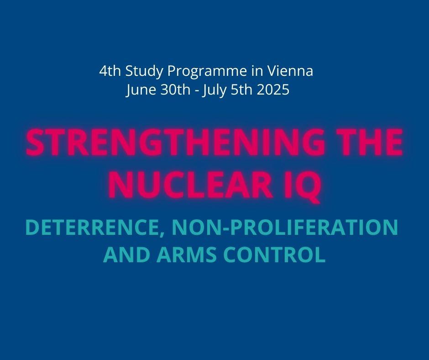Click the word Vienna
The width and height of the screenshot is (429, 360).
[x=290, y=71]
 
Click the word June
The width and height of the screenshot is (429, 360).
[x=141, y=90]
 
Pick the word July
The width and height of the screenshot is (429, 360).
[x=214, y=90]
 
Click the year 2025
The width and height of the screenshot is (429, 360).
[x=273, y=90]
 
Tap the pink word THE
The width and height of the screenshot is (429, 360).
[x=367, y=142]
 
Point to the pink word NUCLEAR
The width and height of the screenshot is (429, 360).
[x=191, y=184]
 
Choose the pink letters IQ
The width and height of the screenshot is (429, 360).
[x=302, y=185]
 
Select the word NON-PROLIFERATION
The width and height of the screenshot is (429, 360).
[x=284, y=227]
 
